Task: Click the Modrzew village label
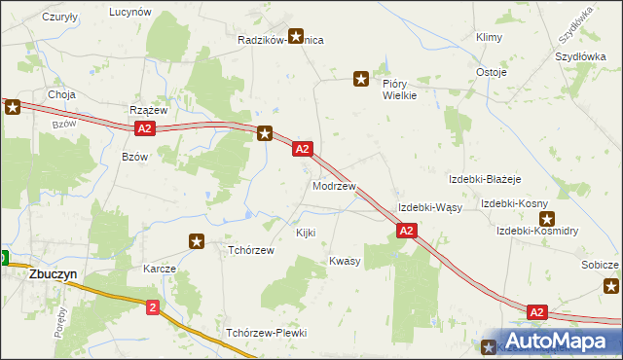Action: (334, 185)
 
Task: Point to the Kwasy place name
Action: (345, 261)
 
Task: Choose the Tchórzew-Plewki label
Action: (267, 333)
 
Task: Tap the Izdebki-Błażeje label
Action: (486, 180)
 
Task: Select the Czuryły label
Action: (61, 18)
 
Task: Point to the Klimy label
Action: (489, 37)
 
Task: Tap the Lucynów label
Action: (130, 12)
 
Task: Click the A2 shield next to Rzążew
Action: (144, 128)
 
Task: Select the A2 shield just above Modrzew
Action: (302, 149)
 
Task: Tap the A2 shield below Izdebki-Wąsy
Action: (407, 231)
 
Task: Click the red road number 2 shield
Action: (153, 306)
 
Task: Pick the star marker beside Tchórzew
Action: (198, 240)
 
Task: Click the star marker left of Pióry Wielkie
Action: (361, 78)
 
